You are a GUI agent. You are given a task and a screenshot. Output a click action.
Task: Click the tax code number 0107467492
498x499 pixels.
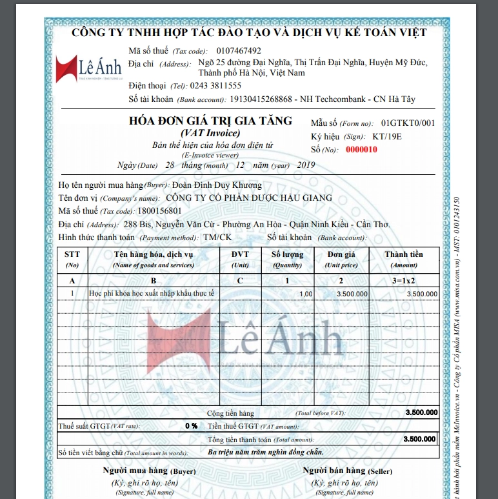(239, 51)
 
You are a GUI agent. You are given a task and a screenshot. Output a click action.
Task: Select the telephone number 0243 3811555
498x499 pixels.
(216, 85)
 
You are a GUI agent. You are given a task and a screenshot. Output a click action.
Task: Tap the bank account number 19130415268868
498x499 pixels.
(261, 99)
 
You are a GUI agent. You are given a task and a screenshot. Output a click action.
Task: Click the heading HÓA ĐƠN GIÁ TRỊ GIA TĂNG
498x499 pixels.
(211, 121)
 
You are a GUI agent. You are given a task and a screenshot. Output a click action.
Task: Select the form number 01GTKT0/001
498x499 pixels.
(408, 123)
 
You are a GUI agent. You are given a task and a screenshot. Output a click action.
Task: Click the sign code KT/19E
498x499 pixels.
(387, 136)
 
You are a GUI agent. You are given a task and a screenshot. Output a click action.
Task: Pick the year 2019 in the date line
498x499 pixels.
(305, 165)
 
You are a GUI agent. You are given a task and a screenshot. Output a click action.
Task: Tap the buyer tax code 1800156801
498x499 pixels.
(159, 210)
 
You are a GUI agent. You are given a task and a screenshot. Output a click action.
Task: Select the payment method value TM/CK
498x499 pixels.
(217, 237)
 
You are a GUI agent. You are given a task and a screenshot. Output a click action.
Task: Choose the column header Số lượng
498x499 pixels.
(287, 254)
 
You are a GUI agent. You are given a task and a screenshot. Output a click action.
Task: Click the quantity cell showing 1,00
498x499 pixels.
(306, 294)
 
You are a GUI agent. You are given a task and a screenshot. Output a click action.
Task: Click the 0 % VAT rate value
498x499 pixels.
(191, 426)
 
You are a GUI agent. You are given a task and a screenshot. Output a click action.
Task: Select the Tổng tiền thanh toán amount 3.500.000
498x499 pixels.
(419, 439)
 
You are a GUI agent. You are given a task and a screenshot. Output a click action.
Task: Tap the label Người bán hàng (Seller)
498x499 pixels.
(347, 470)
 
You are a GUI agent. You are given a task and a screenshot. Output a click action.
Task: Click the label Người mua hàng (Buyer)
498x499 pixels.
(149, 470)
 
